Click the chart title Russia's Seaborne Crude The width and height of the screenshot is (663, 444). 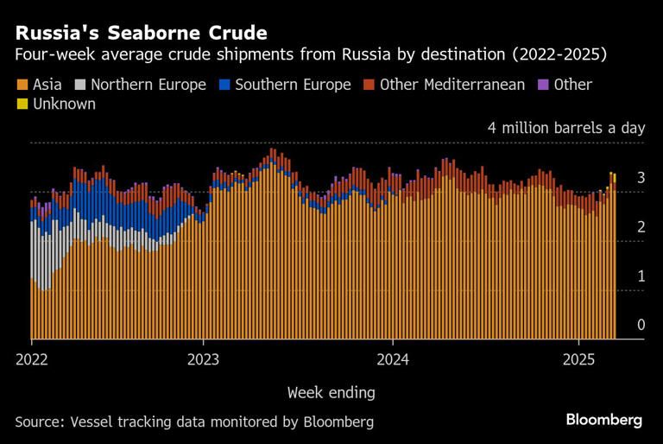[141, 33]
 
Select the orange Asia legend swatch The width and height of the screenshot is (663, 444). [21, 86]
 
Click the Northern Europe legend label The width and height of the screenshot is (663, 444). [148, 85]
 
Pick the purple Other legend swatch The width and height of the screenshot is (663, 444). [543, 86]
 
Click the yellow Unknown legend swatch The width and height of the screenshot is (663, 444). [21, 105]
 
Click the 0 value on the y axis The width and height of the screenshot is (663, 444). [641, 325]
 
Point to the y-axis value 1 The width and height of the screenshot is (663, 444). [641, 276]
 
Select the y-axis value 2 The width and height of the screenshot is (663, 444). [641, 226]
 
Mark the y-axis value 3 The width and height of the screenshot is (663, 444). [641, 177]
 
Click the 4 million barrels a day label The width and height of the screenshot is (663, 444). [566, 128]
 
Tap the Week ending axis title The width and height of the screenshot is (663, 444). [331, 392]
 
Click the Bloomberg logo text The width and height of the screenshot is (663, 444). [604, 420]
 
